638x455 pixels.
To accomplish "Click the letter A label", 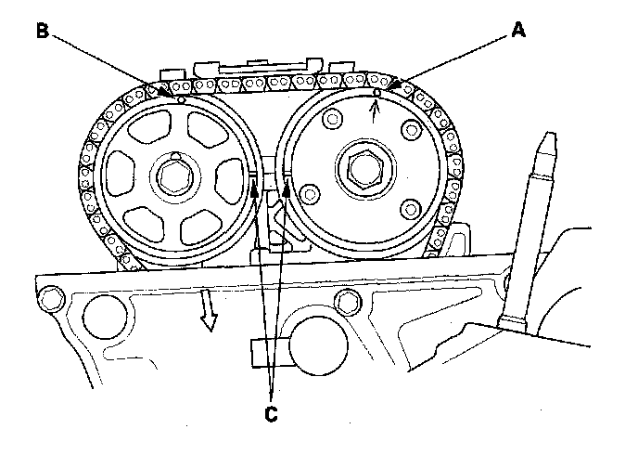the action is pos(518,31).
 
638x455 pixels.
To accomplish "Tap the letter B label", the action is pos(42,31).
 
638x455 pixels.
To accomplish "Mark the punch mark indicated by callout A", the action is pos(375,93).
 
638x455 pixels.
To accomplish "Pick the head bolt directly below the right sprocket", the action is pos(348,300).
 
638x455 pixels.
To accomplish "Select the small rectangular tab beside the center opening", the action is pos(258,350).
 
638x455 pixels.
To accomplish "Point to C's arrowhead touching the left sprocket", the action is pos(252,185).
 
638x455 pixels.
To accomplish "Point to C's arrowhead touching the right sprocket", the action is pos(287,185).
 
